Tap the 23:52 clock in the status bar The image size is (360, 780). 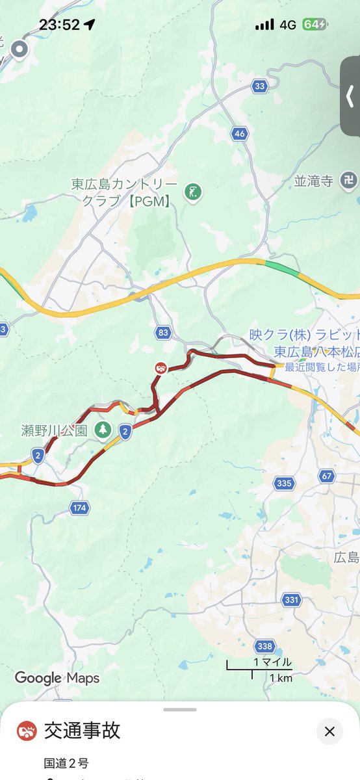click(x=59, y=25)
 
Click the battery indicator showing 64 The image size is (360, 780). click(x=315, y=25)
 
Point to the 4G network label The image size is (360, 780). click(x=287, y=25)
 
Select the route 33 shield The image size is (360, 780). click(x=260, y=86)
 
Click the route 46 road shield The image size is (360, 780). click(x=239, y=134)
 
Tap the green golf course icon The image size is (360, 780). click(x=192, y=191)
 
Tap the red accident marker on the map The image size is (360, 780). click(x=161, y=368)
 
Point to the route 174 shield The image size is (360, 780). click(x=79, y=508)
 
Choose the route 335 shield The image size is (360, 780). click(x=284, y=483)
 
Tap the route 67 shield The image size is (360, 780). click(x=327, y=476)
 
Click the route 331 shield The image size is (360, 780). click(x=290, y=599)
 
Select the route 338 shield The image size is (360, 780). click(x=264, y=646)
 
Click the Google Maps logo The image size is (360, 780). click(x=57, y=678)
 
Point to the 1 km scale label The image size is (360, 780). click(x=281, y=678)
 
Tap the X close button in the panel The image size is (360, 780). click(x=329, y=731)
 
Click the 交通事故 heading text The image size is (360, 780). click(x=82, y=731)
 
